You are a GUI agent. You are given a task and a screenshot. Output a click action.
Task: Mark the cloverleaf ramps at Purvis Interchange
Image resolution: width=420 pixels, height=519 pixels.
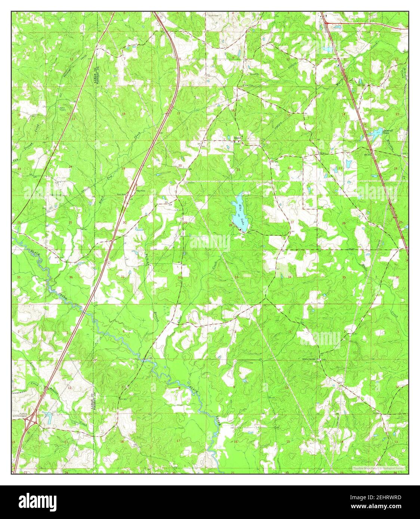pos(30,421)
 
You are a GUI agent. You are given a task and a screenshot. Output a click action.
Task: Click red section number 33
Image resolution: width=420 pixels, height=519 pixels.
pos(237,277)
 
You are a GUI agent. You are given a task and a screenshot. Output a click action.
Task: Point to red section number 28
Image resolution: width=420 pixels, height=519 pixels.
pos(231,225)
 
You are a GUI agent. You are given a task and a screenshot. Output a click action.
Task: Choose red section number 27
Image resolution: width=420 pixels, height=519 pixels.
pos(292,223)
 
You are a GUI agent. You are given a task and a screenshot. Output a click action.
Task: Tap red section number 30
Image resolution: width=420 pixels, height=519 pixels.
pos(124,223)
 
